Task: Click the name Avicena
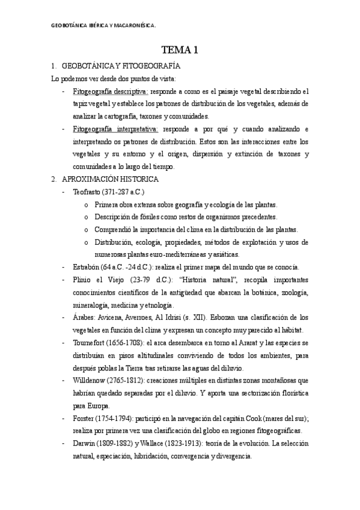coord(115,318)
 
